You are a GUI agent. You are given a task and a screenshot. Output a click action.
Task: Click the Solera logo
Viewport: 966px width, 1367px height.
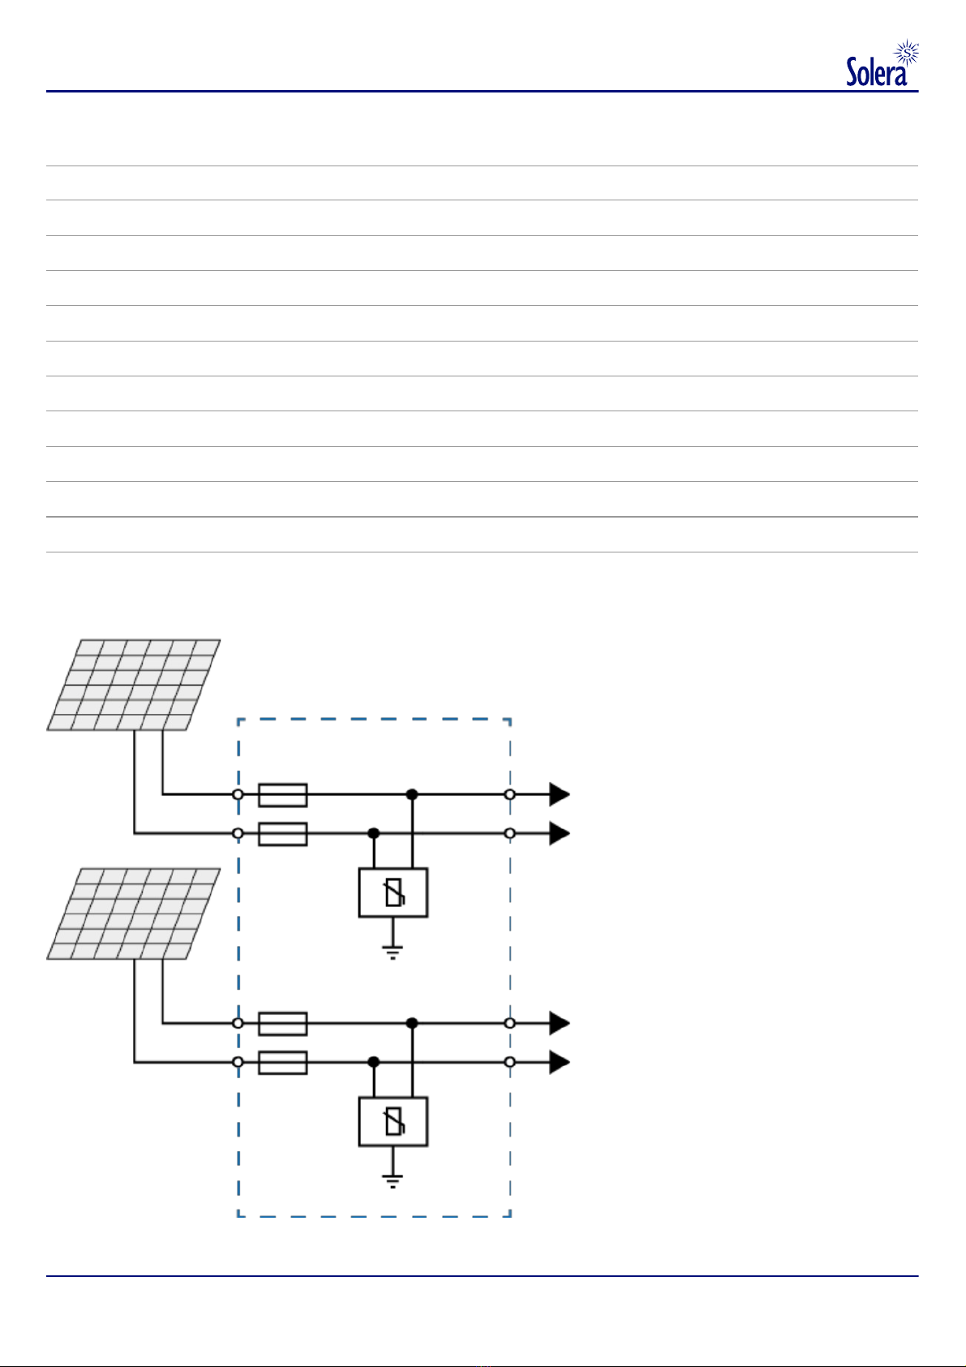click(882, 62)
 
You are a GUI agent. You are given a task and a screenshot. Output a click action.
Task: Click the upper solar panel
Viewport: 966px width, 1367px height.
click(134, 685)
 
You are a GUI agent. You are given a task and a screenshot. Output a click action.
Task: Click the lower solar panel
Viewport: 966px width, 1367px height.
click(134, 913)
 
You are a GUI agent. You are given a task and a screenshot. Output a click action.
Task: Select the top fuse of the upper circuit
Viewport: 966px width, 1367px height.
click(282, 795)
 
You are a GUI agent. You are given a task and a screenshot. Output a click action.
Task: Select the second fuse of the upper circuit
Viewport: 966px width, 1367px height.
click(282, 834)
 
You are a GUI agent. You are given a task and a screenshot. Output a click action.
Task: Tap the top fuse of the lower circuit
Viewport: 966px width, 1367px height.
click(282, 1024)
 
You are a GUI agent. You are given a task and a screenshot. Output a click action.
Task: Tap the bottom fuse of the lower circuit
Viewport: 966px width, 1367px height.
click(282, 1063)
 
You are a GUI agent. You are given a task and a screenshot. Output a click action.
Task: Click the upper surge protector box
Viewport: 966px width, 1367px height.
click(393, 892)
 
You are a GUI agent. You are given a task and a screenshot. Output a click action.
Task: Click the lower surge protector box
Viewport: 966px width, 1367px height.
click(393, 1122)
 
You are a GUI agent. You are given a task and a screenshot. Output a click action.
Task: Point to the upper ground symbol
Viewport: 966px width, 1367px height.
click(393, 952)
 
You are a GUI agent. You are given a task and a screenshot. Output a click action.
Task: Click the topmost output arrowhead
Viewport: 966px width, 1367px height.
click(560, 794)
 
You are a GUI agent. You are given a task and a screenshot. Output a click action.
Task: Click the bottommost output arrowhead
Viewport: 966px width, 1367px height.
click(560, 1063)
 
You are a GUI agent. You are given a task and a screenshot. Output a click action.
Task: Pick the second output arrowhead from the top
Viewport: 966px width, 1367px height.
click(560, 834)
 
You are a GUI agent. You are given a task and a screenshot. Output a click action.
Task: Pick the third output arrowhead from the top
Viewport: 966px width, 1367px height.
click(560, 1023)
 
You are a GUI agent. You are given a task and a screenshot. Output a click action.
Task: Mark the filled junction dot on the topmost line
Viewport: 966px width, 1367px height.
click(412, 794)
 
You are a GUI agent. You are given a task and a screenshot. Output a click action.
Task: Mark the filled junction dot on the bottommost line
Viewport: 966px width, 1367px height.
click(374, 1063)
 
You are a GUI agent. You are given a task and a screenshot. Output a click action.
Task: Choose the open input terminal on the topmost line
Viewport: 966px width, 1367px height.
click(238, 794)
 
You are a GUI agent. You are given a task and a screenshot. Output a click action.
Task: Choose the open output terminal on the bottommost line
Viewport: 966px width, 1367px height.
click(510, 1063)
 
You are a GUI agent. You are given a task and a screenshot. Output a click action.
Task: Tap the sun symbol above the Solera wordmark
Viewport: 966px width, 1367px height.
click(908, 53)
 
